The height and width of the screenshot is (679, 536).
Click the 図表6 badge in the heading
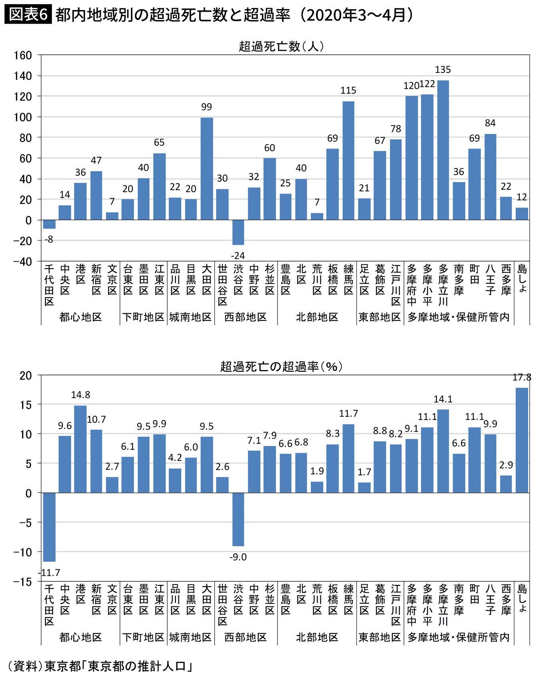click(x=28, y=15)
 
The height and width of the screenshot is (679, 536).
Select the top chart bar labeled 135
click(x=443, y=150)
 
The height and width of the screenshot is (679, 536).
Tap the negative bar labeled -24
click(x=238, y=232)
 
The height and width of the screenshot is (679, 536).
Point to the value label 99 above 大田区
click(x=206, y=107)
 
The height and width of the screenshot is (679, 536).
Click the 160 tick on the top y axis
click(x=23, y=55)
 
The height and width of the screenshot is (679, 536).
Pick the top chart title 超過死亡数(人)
click(x=281, y=46)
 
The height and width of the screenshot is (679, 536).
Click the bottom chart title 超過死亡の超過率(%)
click(x=281, y=366)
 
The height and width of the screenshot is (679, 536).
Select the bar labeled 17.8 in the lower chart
click(x=522, y=440)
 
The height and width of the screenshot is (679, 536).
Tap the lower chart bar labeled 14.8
click(x=80, y=449)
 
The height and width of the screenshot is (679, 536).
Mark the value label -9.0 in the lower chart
click(x=238, y=557)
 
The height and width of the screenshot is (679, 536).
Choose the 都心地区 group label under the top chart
click(x=80, y=317)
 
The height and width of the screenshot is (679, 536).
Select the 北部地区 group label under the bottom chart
click(x=317, y=637)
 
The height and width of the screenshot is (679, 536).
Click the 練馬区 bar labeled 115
click(x=348, y=160)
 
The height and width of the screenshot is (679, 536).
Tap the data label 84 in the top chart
click(x=490, y=123)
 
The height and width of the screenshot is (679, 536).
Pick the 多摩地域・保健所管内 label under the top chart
click(x=458, y=317)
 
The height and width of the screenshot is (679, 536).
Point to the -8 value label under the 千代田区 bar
click(x=49, y=240)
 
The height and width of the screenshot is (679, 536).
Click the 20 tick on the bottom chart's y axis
click(x=25, y=375)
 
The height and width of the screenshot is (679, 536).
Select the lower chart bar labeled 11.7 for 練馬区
click(x=348, y=458)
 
